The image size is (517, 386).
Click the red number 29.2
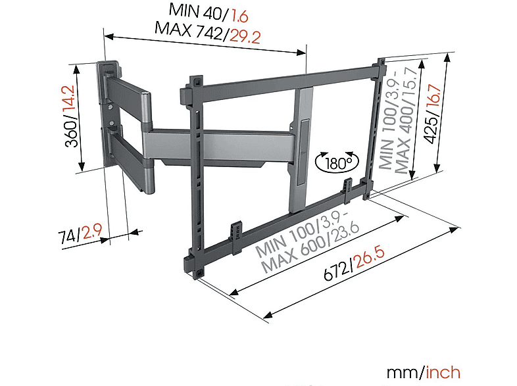[245, 36]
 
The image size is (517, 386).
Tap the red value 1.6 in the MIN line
[239, 16]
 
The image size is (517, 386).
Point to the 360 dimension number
[72, 133]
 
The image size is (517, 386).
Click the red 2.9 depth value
[92, 231]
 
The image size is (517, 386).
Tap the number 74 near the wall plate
[68, 237]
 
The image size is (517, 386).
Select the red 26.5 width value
[369, 258]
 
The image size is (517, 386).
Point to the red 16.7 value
[434, 95]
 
